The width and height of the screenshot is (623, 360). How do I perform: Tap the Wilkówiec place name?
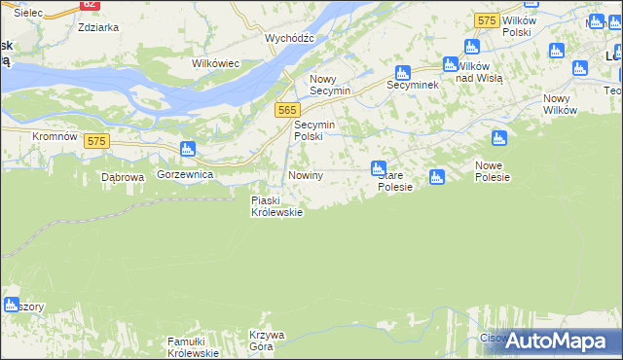[x=216, y=63]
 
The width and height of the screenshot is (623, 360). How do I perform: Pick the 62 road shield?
[x=89, y=5]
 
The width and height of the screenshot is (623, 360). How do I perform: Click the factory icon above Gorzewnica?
[x=188, y=150]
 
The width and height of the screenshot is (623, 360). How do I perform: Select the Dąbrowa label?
[x=123, y=177]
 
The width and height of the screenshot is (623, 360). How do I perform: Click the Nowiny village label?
[x=305, y=175]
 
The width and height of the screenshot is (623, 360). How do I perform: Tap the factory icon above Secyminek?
[x=402, y=72]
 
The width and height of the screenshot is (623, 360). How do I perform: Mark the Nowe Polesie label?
[x=493, y=171]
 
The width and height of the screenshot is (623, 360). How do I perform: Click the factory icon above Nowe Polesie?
[x=499, y=138]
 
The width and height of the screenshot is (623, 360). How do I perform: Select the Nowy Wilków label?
[x=563, y=104]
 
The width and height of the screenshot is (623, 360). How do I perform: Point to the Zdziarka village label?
[x=98, y=27]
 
